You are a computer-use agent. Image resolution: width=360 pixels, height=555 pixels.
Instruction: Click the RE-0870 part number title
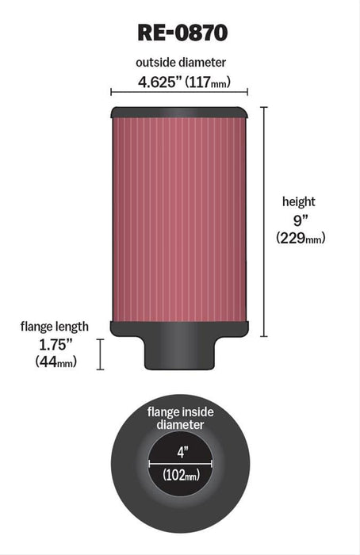(x=179, y=33)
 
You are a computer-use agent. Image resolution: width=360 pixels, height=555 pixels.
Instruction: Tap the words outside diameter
(x=179, y=63)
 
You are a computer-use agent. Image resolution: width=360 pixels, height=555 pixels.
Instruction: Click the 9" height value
(x=299, y=220)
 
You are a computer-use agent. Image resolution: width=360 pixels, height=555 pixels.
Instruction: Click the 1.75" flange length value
(x=55, y=343)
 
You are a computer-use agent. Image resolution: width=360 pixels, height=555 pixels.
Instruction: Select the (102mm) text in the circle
(x=180, y=476)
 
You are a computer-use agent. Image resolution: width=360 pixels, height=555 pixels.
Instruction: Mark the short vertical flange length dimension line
(x=101, y=354)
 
